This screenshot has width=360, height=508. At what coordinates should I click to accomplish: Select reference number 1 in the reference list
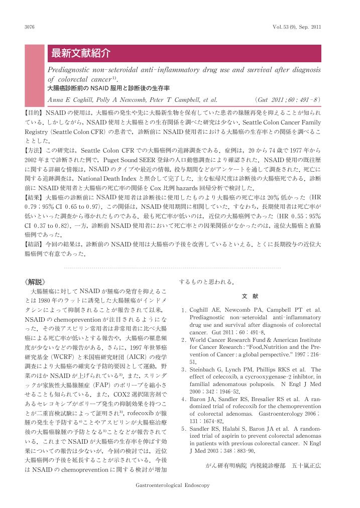[184, 310]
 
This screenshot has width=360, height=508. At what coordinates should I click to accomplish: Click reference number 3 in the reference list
[184, 370]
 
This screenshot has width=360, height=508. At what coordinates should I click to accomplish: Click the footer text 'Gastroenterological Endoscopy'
[172, 485]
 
